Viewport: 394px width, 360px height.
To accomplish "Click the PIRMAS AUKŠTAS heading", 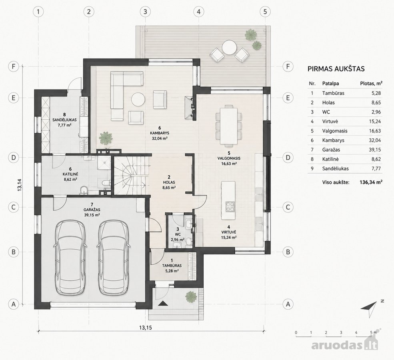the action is coord(336,69).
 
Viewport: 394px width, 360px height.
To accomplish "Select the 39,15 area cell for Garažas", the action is coord(375,150).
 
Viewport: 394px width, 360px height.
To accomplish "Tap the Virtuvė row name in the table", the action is coord(330,121).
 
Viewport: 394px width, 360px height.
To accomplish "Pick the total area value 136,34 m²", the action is coord(371,182).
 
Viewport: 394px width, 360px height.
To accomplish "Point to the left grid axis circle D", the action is coord(14,158).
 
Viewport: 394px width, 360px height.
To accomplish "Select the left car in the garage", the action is coord(70,257).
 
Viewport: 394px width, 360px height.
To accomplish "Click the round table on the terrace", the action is coord(229,48).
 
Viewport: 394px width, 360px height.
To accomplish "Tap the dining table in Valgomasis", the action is coord(229,126).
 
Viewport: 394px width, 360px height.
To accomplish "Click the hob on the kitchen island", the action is coord(230,207).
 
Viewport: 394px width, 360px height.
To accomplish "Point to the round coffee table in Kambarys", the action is coord(138,100).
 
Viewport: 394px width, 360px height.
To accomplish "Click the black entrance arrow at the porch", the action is coord(163,303).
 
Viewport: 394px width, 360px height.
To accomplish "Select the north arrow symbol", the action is coord(369,308).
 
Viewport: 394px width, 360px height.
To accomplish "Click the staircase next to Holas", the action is coord(130,175).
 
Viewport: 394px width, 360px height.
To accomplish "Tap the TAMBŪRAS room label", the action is coord(172,266).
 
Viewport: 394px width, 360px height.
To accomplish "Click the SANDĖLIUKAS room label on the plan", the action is coord(64,120).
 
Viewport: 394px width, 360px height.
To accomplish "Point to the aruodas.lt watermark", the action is coord(345,345).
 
